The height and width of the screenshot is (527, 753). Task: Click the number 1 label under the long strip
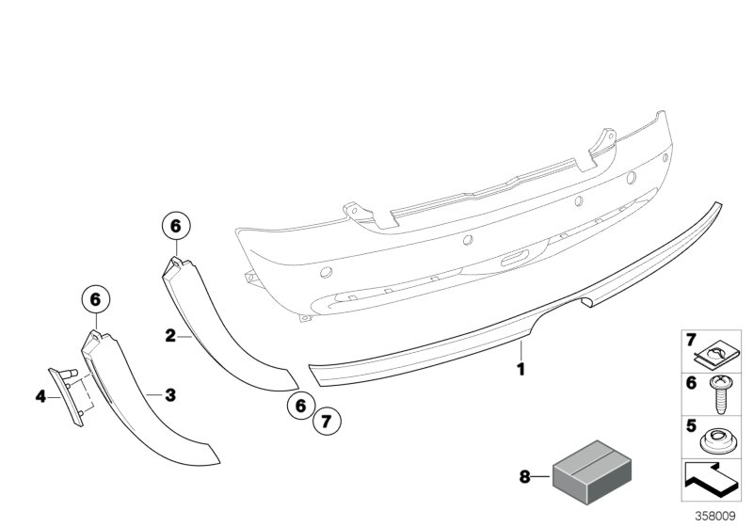click(x=520, y=370)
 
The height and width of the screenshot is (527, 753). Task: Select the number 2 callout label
click(x=170, y=334)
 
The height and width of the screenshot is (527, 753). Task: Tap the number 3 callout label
click(x=170, y=395)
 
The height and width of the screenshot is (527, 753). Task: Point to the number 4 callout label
click(x=40, y=396)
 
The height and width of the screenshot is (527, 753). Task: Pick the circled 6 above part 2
click(x=176, y=226)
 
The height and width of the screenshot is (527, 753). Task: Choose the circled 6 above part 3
click(x=94, y=299)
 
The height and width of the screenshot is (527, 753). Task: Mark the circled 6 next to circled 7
click(x=300, y=406)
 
